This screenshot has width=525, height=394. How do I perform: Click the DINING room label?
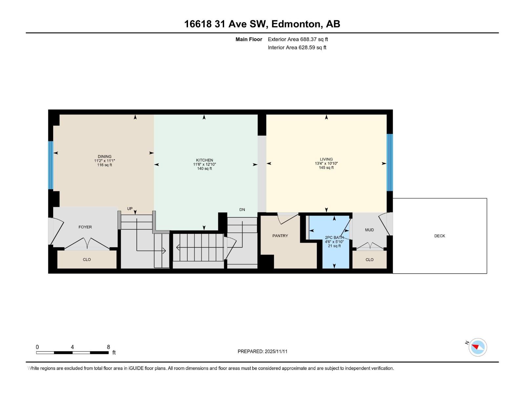tap(104, 157)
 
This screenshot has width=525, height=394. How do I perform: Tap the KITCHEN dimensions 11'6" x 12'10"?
tap(204, 164)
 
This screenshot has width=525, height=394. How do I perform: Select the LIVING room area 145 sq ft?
tap(326, 168)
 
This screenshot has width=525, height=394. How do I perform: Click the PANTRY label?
tap(280, 236)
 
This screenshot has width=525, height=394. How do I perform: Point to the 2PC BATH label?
tap(334, 237)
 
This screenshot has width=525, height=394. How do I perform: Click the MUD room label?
tap(369, 230)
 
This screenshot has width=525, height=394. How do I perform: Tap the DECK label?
tap(439, 236)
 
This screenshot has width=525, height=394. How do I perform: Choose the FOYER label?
tap(85, 227)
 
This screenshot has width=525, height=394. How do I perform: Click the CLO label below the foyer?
tap(87, 259)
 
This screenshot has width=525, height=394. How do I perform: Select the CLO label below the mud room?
tap(369, 259)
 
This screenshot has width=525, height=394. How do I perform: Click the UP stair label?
tap(130, 208)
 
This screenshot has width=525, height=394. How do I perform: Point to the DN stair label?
tap(242, 209)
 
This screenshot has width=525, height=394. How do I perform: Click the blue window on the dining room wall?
tap(51, 165)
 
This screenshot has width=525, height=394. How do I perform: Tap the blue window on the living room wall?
tap(389, 163)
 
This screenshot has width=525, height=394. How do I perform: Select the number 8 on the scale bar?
tap(108, 347)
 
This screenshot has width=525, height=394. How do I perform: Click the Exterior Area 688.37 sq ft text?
tap(298, 39)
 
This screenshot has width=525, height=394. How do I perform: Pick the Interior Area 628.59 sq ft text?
tap(297, 48)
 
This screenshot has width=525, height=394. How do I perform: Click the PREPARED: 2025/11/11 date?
tap(262, 351)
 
